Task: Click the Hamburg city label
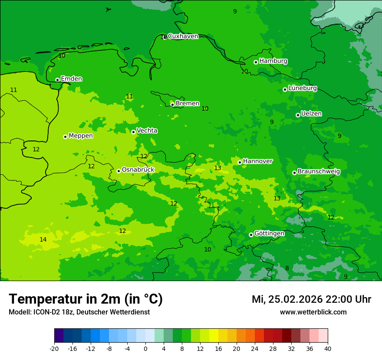273,61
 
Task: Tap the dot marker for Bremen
172,105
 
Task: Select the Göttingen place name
269,233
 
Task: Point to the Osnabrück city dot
119,171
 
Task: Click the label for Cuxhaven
183,36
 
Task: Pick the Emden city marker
57,80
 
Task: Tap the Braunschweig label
319,171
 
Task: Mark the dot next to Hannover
240,162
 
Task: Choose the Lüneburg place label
303,88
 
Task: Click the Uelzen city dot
298,115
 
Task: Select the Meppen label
81,136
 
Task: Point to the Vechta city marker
133,132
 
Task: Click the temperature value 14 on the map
43,239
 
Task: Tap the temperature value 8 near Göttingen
287,268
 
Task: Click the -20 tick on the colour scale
54,348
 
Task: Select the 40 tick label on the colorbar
327,348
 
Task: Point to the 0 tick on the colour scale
145,348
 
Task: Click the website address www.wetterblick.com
313,312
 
